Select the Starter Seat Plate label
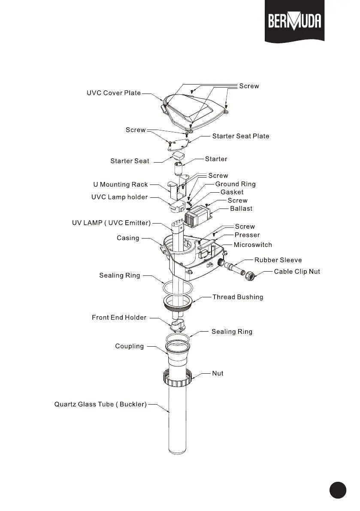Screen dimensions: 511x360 [x=241, y=136]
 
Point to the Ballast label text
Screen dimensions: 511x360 [x=241, y=209]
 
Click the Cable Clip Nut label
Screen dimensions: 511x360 [x=297, y=272]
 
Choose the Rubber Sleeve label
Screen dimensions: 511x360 [x=278, y=260]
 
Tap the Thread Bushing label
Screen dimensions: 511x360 [x=238, y=297]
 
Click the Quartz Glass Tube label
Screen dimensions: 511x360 [x=100, y=404]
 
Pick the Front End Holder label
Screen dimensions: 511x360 [x=119, y=317]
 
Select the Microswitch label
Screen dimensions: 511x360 [x=253, y=245]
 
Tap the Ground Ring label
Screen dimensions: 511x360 [x=235, y=184]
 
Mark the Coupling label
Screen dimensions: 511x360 [x=129, y=346]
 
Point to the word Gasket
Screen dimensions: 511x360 [x=232, y=192]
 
